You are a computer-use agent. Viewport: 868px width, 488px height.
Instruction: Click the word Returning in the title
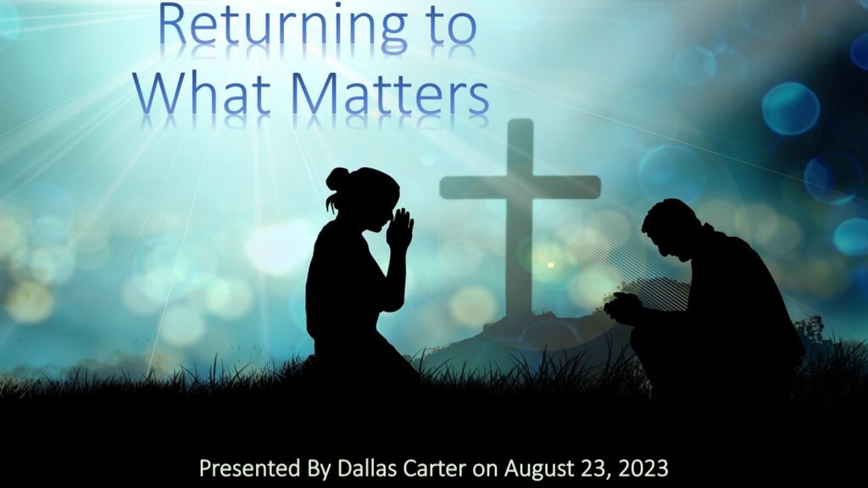point(283,28)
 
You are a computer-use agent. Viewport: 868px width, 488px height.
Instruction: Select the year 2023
point(643,469)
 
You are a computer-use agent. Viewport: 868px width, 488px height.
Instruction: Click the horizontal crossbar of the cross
point(520,187)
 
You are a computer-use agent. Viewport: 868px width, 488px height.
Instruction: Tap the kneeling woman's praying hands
point(400,228)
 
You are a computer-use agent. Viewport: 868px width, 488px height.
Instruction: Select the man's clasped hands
point(621,307)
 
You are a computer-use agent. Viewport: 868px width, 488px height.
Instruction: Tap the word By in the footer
point(319,469)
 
